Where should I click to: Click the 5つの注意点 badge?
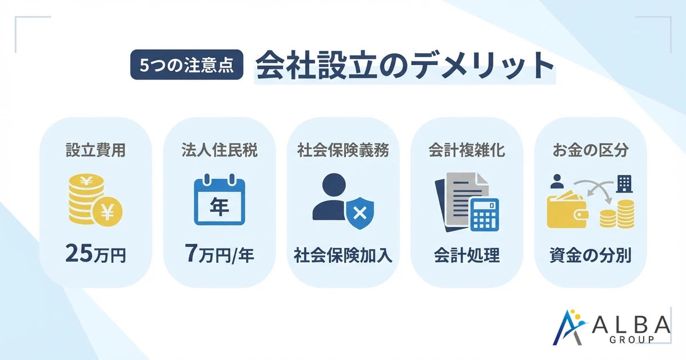click(187, 66)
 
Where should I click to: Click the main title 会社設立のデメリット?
click(405, 66)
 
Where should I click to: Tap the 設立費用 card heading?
click(95, 150)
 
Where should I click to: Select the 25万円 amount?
click(95, 253)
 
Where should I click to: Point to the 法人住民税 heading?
click(219, 150)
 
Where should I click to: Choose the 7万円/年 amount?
click(220, 253)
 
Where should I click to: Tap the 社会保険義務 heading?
click(343, 150)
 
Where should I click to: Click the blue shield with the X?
click(358, 214)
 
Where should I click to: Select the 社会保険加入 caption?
click(343, 255)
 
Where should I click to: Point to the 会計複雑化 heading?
click(466, 150)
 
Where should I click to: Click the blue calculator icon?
click(483, 214)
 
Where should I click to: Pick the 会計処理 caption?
click(466, 255)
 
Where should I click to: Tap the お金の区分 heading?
click(591, 150)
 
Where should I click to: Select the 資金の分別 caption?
click(591, 255)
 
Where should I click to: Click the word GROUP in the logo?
click(635, 339)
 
